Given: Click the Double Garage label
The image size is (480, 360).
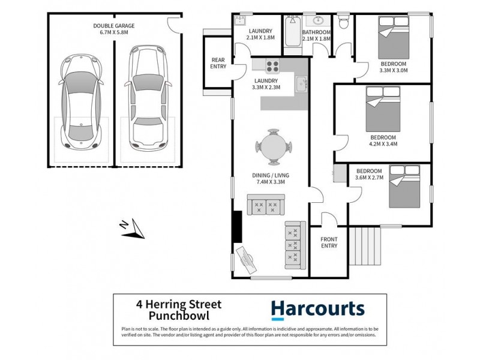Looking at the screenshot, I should [x=114, y=29].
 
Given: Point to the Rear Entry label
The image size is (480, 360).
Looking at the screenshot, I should [x=217, y=64].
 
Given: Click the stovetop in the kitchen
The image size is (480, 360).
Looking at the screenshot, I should [x=269, y=66].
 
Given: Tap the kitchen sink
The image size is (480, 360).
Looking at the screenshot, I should [x=302, y=82].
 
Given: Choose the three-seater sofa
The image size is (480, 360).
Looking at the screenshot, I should [x=295, y=245].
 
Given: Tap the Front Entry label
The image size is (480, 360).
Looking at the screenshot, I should [x=329, y=242].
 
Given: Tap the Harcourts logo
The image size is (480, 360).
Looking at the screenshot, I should [x=317, y=310].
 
